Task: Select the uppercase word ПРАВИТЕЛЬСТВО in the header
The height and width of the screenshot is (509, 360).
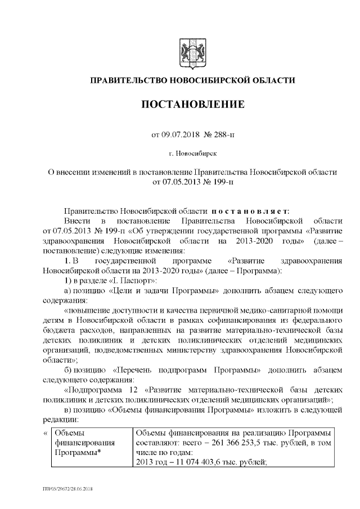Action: coord(127,81)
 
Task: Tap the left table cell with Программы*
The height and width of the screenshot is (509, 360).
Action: coord(80,453)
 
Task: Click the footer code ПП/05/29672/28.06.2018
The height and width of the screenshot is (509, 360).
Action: coord(67,490)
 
